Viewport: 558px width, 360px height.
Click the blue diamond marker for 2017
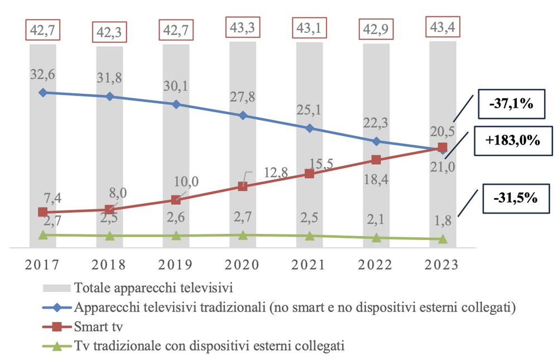click(42, 92)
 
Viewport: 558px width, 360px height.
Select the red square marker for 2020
click(243, 186)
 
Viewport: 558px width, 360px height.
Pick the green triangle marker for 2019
click(176, 236)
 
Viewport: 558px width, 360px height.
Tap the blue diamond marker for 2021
click(310, 128)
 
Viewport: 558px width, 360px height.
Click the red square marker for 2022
click(376, 160)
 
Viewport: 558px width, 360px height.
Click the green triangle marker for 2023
click(442, 239)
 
